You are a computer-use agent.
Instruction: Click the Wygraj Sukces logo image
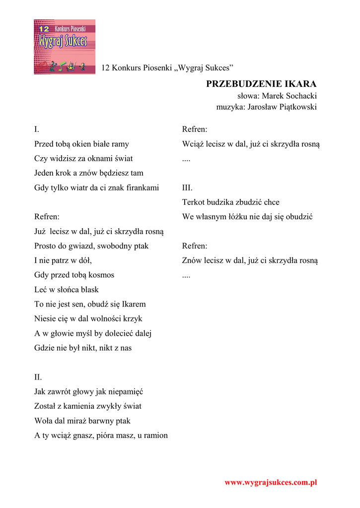65,47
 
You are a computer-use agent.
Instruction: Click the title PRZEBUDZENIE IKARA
261,84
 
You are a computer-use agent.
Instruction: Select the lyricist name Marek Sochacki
289,96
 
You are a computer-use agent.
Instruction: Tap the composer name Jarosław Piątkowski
282,107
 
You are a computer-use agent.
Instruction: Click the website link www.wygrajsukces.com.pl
271,482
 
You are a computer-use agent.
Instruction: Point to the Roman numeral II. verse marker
38,377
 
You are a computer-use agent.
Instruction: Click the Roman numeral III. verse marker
187,188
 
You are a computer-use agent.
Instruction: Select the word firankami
143,188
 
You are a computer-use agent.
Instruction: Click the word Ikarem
134,304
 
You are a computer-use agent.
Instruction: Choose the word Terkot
194,202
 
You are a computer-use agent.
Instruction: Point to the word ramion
155,435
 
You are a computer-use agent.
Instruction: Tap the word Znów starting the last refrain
192,260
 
